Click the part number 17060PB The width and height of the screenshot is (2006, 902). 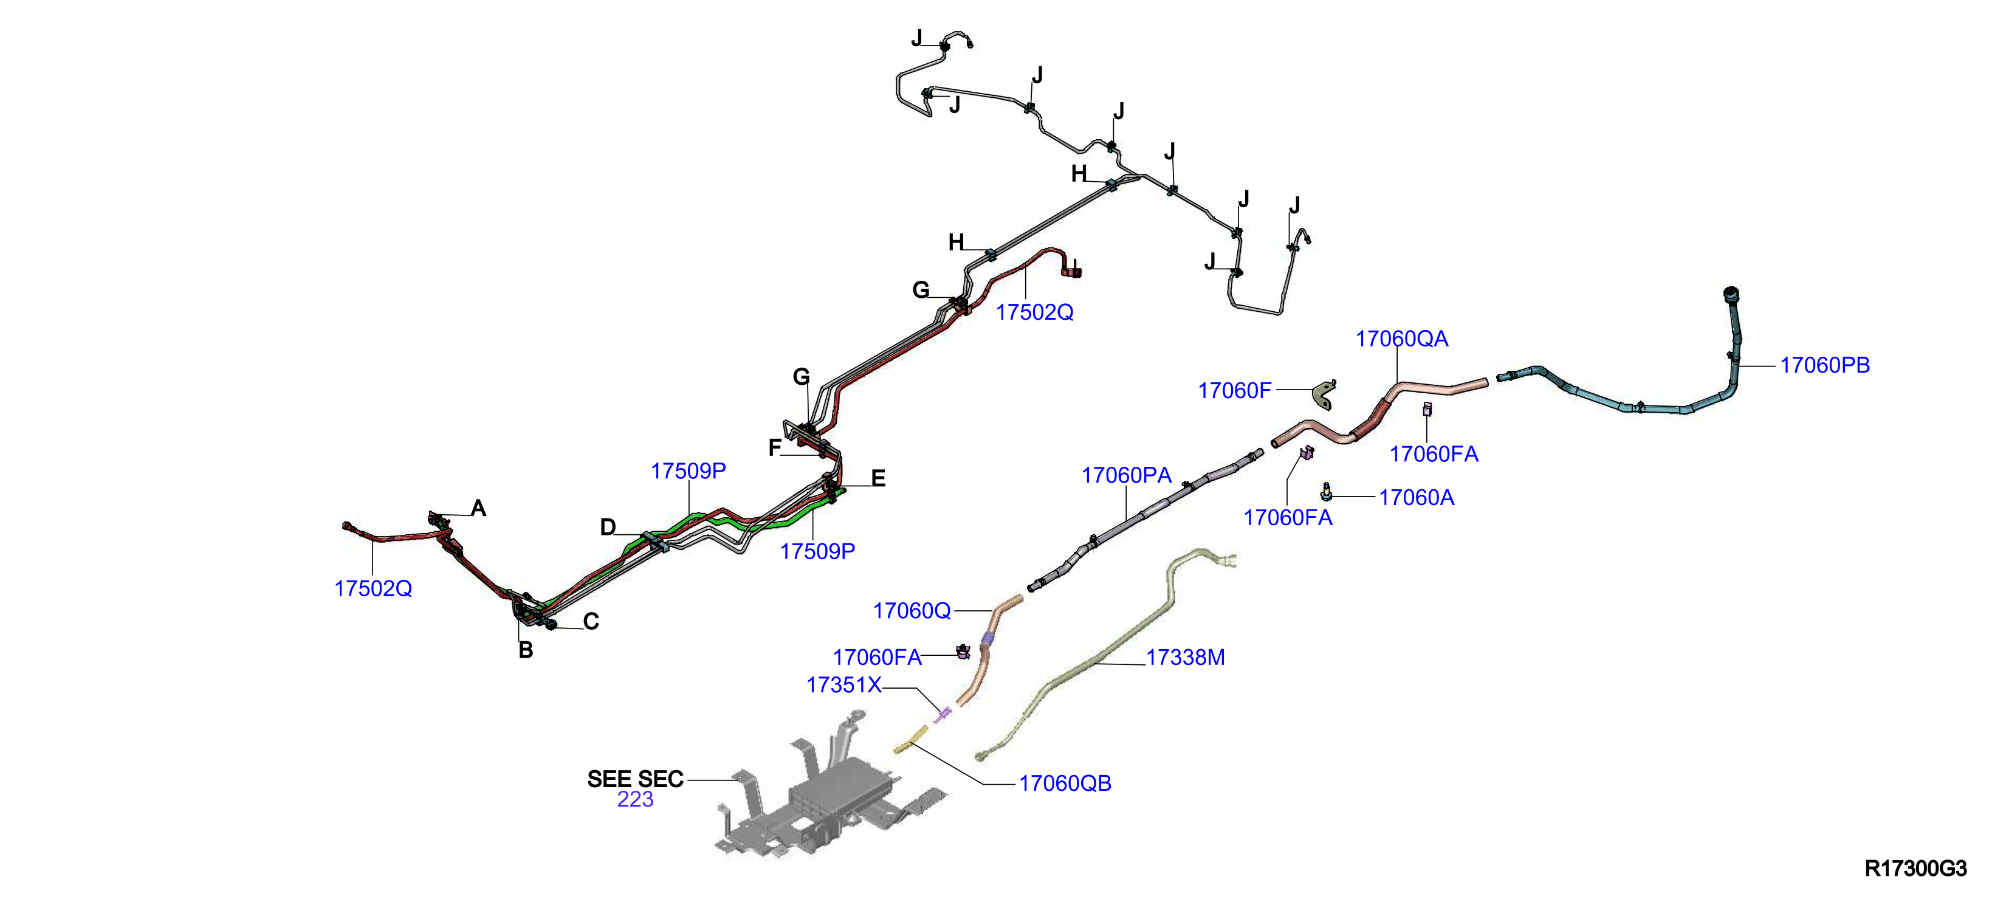(1824, 365)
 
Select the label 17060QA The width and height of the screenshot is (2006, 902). (1402, 339)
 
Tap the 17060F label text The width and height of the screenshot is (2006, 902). (1234, 390)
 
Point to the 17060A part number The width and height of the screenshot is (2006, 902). (1417, 498)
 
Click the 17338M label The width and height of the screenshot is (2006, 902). (1185, 658)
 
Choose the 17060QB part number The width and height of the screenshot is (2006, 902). (1065, 783)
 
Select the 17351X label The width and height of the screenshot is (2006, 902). (844, 686)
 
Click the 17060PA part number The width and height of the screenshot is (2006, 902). (1126, 475)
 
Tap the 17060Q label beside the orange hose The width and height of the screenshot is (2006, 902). (912, 611)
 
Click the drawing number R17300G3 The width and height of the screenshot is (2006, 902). (1915, 869)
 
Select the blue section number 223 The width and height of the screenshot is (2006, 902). (636, 799)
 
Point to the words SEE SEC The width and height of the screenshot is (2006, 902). (636, 779)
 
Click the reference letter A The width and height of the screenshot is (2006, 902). (478, 509)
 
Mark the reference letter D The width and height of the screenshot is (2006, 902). (608, 528)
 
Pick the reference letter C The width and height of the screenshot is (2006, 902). (591, 622)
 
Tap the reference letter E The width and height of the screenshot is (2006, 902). (878, 478)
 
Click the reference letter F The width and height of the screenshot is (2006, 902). (775, 448)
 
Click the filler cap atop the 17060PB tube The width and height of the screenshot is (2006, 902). (1730, 297)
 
